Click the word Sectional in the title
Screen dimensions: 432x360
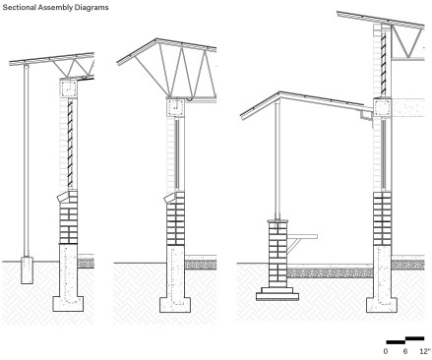pyautogui.click(x=19, y=7)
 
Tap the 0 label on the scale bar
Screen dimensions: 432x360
pyautogui.click(x=386, y=351)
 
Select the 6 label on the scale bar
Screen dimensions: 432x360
pyautogui.click(x=405, y=351)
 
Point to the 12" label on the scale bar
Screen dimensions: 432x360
pyautogui.click(x=424, y=351)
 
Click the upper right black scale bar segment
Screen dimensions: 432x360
pyautogui.click(x=415, y=338)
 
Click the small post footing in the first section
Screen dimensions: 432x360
pyautogui.click(x=27, y=270)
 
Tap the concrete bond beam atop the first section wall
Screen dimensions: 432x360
pyautogui.click(x=69, y=89)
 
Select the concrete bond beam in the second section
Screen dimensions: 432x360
pyautogui.click(x=176, y=107)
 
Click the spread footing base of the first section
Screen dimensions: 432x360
pyautogui.click(x=68, y=304)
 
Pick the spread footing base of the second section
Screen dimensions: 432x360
pyautogui.click(x=175, y=305)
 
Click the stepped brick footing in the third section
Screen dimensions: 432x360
pyautogui.click(x=278, y=294)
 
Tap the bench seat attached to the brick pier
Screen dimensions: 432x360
pyautogui.click(x=302, y=236)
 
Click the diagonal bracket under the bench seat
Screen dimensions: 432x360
pyautogui.click(x=294, y=246)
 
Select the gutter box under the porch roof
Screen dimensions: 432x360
pyautogui.click(x=367, y=115)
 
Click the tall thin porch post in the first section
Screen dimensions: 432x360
pyautogui.click(x=27, y=160)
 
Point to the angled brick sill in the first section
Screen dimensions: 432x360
pyautogui.click(x=63, y=198)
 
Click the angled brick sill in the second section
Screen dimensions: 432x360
pyautogui.click(x=170, y=199)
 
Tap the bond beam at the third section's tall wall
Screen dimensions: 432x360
pyautogui.click(x=383, y=107)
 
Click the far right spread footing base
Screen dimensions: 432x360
pyautogui.click(x=382, y=305)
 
